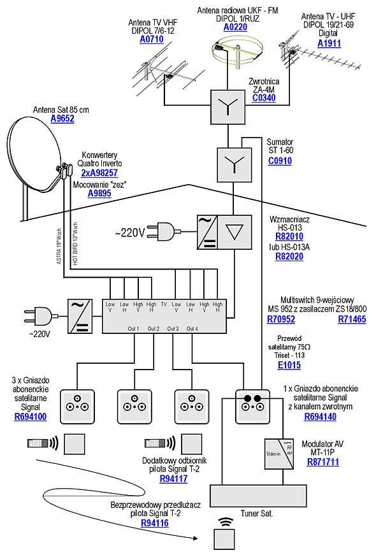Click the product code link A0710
152,40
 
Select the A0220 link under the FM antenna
236,27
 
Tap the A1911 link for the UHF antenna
329,43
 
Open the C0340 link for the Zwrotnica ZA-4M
263,98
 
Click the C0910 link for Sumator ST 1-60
280,162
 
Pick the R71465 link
352,319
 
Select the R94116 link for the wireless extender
155,523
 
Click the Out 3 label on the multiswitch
173,328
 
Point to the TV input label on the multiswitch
164,305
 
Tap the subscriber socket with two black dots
250,405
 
